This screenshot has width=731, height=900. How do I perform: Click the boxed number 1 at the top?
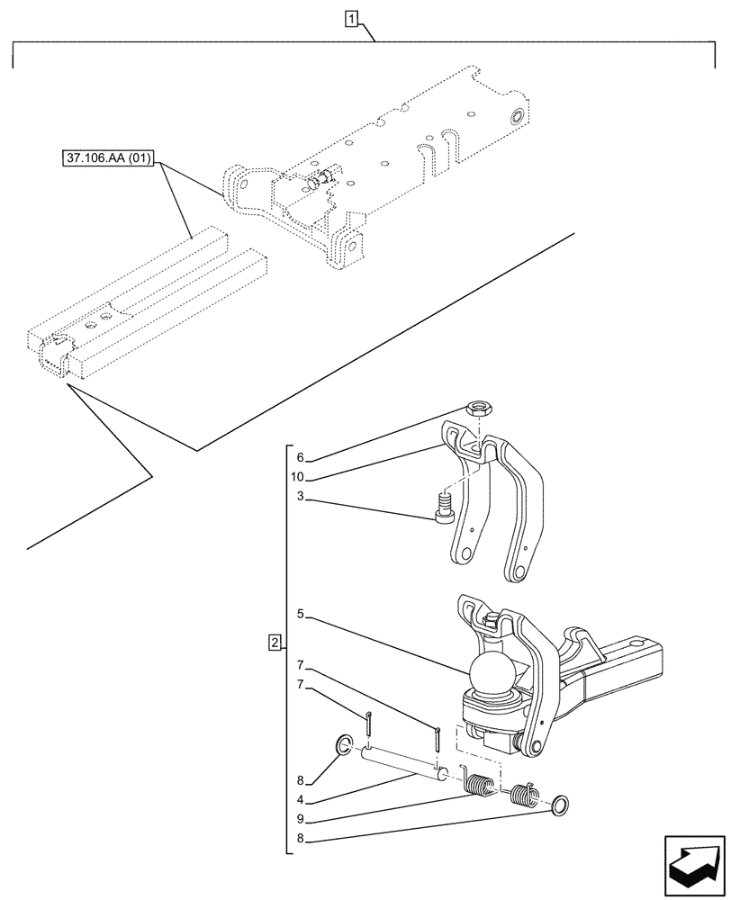click(x=352, y=18)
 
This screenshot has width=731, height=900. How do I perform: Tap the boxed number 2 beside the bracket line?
click(x=275, y=643)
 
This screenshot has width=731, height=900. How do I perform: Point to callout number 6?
click(x=301, y=457)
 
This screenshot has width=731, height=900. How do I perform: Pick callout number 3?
click(x=301, y=497)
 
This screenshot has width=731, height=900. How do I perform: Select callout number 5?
click(x=301, y=616)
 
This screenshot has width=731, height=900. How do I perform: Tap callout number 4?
click(x=301, y=798)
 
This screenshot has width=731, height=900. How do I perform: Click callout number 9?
click(x=301, y=819)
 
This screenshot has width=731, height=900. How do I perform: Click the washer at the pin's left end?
click(x=343, y=744)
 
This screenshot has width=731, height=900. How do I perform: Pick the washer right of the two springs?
click(x=559, y=805)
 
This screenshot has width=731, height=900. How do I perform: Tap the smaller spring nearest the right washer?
click(x=523, y=794)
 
